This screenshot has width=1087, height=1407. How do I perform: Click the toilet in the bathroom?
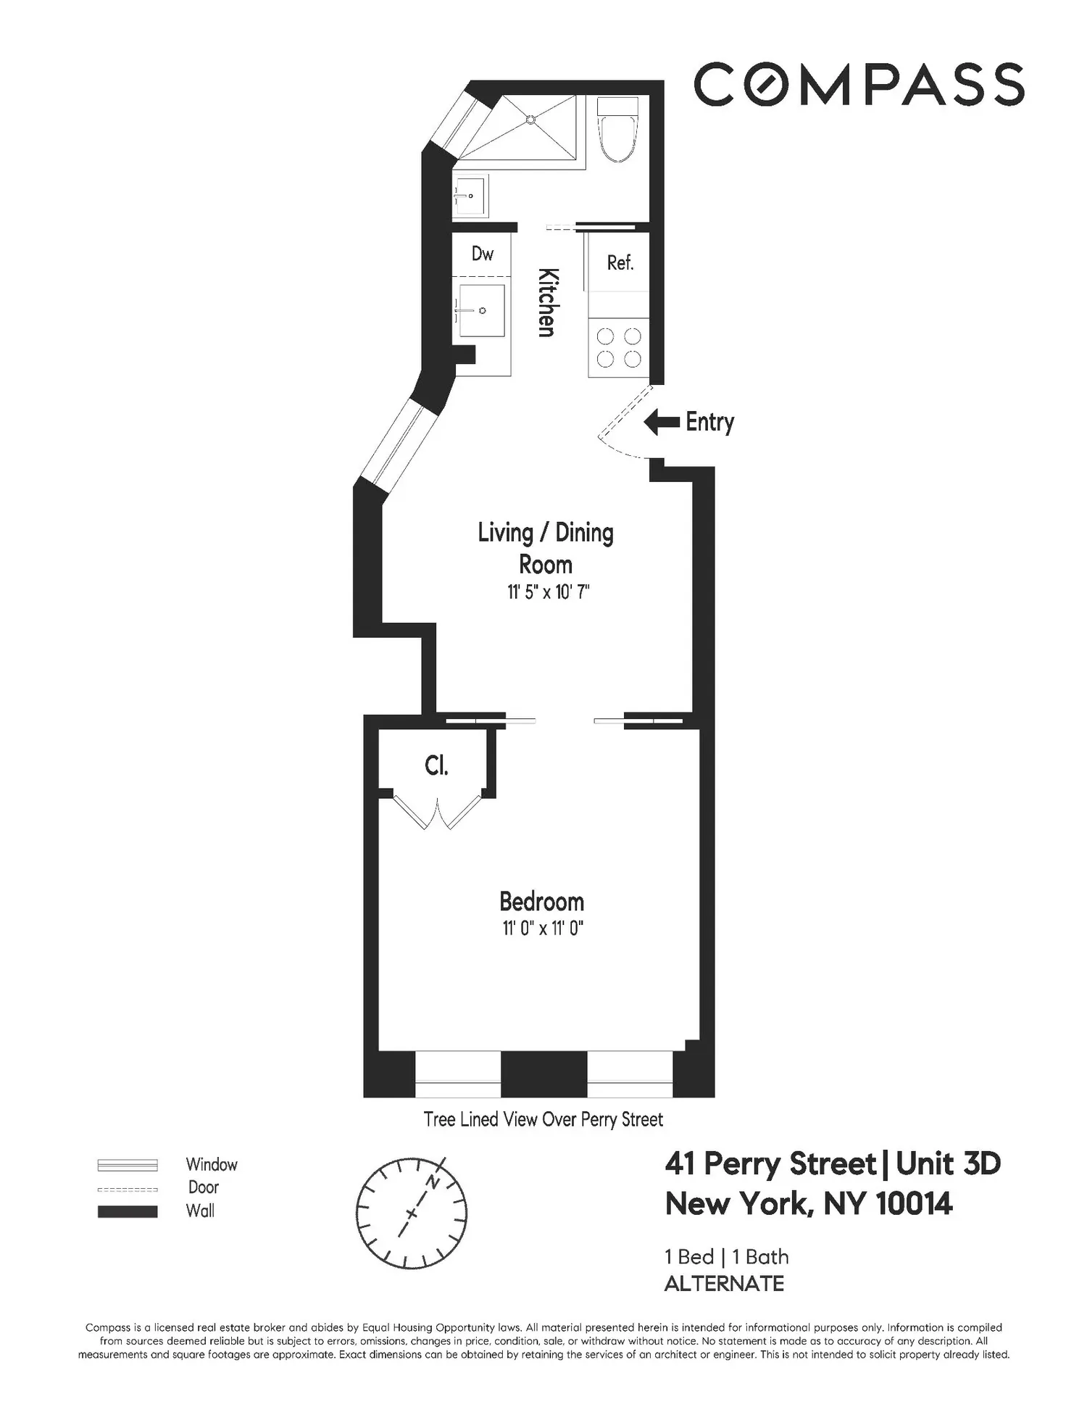[617, 130]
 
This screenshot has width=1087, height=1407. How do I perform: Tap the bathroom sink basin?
[470, 196]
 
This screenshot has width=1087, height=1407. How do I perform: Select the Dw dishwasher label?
[483, 254]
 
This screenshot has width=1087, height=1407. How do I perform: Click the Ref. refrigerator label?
[620, 262]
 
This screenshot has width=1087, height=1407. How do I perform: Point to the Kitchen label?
[548, 302]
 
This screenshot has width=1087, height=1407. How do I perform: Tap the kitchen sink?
[481, 310]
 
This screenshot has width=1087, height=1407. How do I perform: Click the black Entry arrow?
[662, 422]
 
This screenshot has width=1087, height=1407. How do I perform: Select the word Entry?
[710, 422]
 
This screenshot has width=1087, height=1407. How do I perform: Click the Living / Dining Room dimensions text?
[549, 592]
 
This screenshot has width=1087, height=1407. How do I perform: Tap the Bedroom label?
[541, 902]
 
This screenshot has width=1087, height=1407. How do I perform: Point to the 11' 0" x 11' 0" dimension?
[543, 929]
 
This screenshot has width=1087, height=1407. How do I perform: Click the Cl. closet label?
[436, 765]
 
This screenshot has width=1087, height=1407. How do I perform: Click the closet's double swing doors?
[437, 813]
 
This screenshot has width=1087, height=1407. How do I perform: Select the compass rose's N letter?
[433, 1182]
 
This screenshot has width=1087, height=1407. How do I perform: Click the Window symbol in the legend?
[128, 1165]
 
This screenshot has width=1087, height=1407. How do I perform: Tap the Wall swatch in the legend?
[128, 1211]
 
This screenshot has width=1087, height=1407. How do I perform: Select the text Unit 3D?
[948, 1164]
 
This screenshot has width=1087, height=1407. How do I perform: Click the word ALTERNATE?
[724, 1284]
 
